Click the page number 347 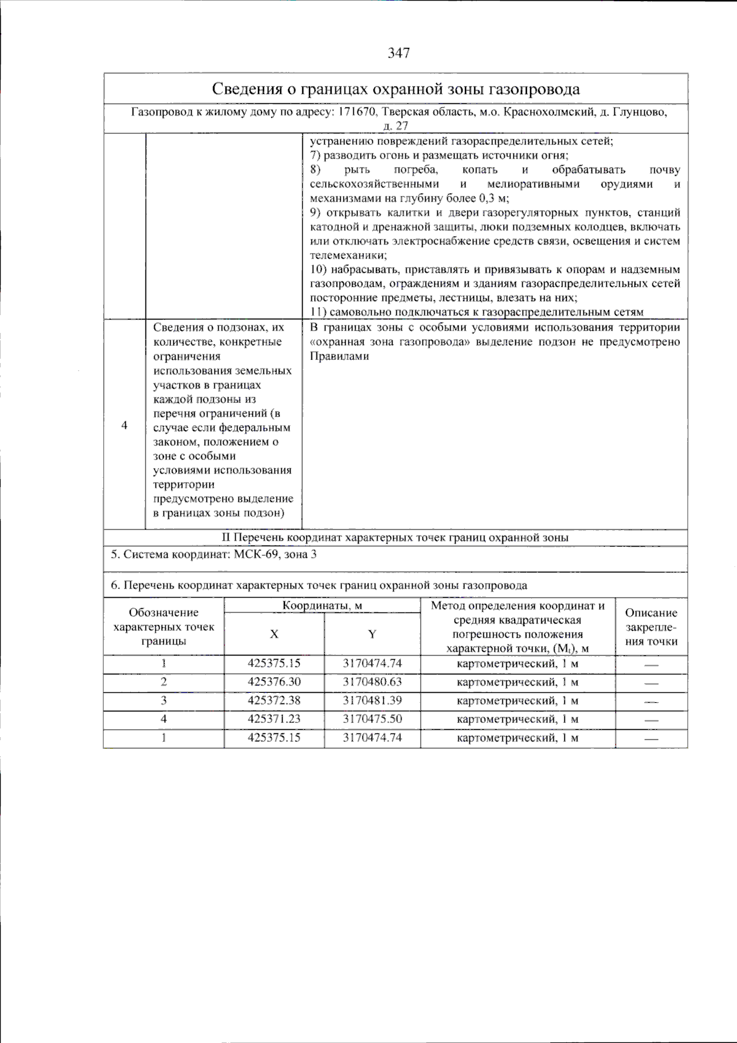pyautogui.click(x=399, y=53)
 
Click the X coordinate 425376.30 pyautogui.click(x=274, y=682)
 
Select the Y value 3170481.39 pyautogui.click(x=372, y=700)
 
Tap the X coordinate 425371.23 pyautogui.click(x=274, y=719)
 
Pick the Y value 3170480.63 pyautogui.click(x=372, y=682)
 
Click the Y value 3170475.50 pyautogui.click(x=372, y=719)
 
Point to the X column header pyautogui.click(x=274, y=634)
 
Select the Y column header pyautogui.click(x=372, y=634)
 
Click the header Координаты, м pyautogui.click(x=322, y=606)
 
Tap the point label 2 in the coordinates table pyautogui.click(x=163, y=682)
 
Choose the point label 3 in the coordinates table pyautogui.click(x=163, y=700)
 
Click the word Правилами pyautogui.click(x=339, y=356)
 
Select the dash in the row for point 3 pyautogui.click(x=651, y=701)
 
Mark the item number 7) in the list pyautogui.click(x=315, y=155)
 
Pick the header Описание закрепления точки pyautogui.click(x=651, y=627)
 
